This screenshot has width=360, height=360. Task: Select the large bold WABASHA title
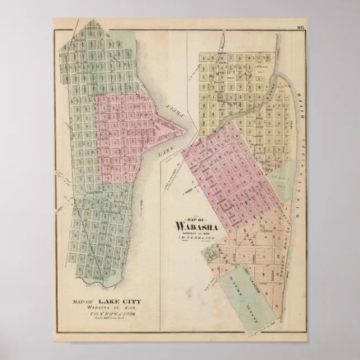(197, 226)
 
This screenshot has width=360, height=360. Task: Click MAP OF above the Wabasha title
(197, 219)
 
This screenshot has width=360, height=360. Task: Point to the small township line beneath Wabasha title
(197, 239)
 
